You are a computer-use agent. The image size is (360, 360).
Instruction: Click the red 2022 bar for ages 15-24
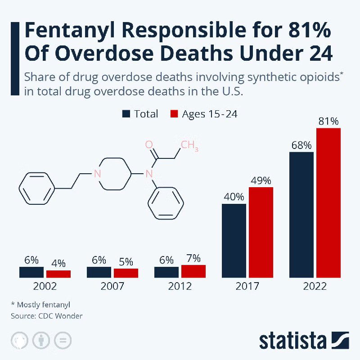tap(328, 202)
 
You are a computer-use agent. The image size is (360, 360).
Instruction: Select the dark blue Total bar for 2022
tap(301, 215)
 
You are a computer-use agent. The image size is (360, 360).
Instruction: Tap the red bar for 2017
tap(261, 232)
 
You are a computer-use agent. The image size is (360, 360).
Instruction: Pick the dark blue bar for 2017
tap(234, 241)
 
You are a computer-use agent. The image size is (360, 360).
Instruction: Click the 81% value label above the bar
tap(328, 121)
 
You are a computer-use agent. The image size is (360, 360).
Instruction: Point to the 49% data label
tap(261, 180)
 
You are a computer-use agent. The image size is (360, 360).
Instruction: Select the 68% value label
tap(301, 145)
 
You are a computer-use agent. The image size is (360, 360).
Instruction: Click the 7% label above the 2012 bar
tap(193, 258)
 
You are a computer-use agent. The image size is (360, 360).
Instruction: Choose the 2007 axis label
tap(112, 286)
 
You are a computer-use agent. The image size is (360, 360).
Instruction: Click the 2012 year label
tap(180, 286)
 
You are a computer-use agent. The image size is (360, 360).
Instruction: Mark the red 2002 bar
tap(58, 274)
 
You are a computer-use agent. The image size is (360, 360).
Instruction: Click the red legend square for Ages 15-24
tap(174, 114)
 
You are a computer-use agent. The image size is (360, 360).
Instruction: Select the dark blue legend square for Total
tap(126, 114)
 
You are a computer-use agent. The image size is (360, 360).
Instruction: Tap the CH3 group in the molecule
tap(189, 146)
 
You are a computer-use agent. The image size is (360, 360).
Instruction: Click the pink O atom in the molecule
tap(149, 144)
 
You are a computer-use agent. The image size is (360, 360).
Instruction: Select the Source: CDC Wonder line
tap(47, 316)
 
